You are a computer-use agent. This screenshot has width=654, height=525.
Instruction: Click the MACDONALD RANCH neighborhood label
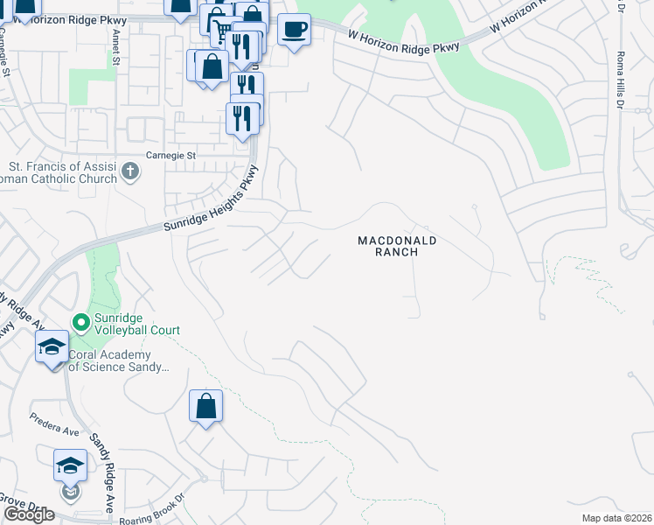[x=396, y=246]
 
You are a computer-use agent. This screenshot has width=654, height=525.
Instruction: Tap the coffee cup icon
[x=294, y=30]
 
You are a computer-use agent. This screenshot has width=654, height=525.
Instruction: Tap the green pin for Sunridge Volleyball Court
[x=81, y=324]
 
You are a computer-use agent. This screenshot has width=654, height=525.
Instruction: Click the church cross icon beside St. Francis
[x=130, y=171]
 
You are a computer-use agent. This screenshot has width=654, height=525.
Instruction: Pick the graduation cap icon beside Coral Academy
[x=52, y=347]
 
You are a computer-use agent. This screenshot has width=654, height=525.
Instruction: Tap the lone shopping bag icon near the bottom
[x=205, y=406]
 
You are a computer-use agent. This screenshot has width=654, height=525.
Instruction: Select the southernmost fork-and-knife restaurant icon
[x=242, y=118]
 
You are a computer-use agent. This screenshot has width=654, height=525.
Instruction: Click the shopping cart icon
[x=224, y=31]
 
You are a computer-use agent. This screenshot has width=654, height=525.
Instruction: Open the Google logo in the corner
[x=29, y=514]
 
